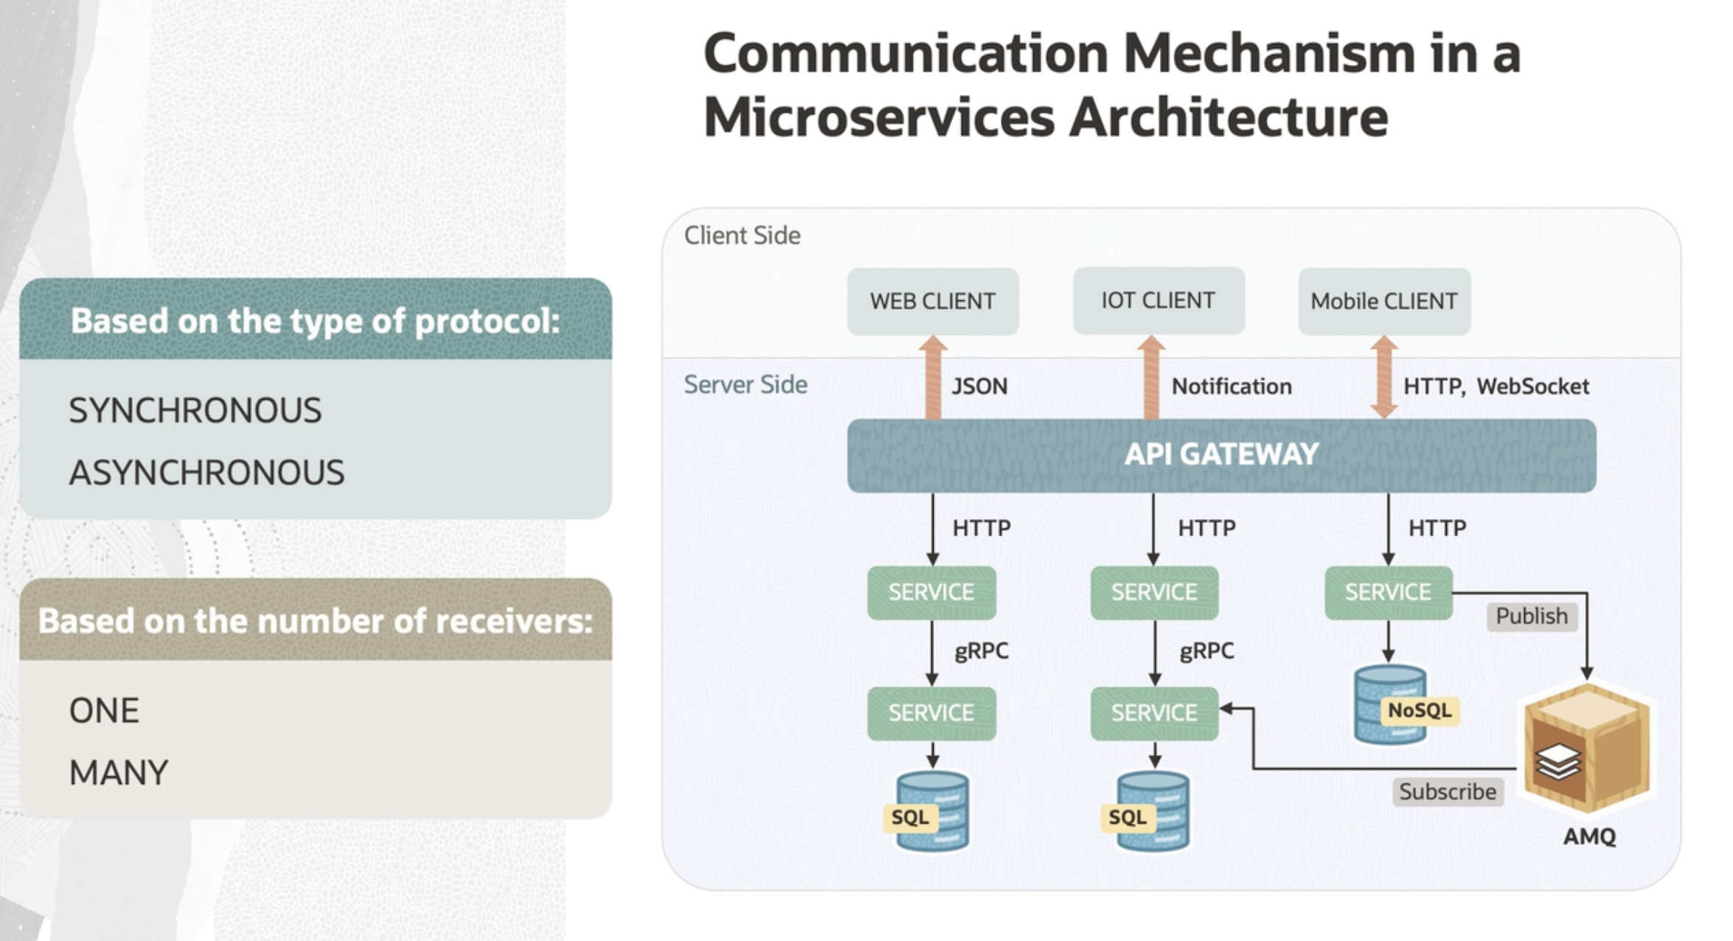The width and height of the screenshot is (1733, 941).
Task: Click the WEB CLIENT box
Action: pyautogui.click(x=933, y=301)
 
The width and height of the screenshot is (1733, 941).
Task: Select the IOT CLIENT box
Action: pyautogui.click(x=1159, y=300)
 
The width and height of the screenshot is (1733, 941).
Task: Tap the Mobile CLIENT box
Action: pyautogui.click(x=1384, y=301)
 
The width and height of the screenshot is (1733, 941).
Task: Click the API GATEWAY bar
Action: pyautogui.click(x=1221, y=454)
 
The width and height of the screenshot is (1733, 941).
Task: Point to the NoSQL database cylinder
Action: pyautogui.click(x=1390, y=705)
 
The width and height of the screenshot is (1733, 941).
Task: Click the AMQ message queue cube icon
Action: pyautogui.click(x=1587, y=748)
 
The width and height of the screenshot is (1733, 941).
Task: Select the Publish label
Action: pyautogui.click(x=1532, y=616)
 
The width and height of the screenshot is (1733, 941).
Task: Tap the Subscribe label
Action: pyautogui.click(x=1448, y=791)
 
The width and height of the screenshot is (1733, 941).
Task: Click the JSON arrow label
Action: pyautogui.click(x=979, y=386)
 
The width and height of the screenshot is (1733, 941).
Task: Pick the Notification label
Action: pyautogui.click(x=1232, y=386)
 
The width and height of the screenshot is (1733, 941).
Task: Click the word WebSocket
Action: pyautogui.click(x=1532, y=386)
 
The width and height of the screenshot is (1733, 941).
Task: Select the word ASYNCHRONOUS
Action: pyautogui.click(x=206, y=473)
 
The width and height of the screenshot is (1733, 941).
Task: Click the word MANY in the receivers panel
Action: pyautogui.click(x=119, y=773)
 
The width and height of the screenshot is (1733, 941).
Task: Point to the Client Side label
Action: pyautogui.click(x=742, y=235)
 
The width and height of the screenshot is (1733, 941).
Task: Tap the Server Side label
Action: pyautogui.click(x=745, y=384)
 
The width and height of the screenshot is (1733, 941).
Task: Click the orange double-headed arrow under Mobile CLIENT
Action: pyautogui.click(x=1384, y=377)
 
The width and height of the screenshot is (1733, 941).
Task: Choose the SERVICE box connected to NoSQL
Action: pyautogui.click(x=1388, y=592)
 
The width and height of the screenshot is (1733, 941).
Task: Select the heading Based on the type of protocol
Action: pyautogui.click(x=316, y=321)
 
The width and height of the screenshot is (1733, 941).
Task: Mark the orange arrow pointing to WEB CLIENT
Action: pyautogui.click(x=933, y=377)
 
